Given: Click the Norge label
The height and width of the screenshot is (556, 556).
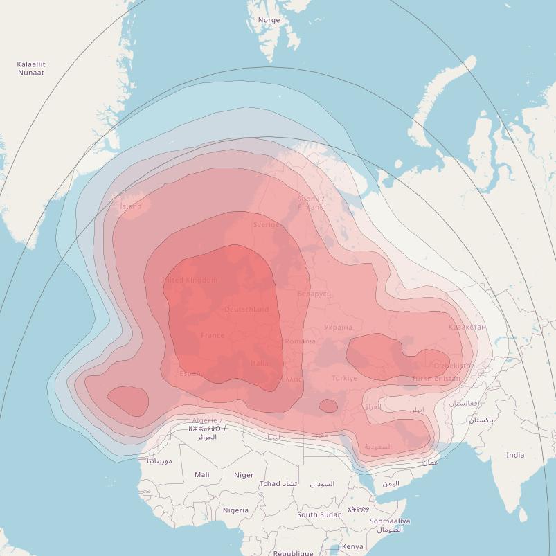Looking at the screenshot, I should click(x=269, y=20).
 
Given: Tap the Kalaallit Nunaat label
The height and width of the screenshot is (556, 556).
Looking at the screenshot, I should click(x=31, y=69).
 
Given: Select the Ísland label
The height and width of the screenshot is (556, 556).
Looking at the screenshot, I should click(x=130, y=206).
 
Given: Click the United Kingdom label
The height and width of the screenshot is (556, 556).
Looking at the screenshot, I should click(x=188, y=280).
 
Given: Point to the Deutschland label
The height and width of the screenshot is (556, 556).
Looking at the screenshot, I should click(x=246, y=310).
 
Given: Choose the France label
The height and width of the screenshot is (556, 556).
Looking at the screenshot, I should click(x=213, y=336).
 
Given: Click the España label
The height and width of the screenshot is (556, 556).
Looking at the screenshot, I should click(x=192, y=374).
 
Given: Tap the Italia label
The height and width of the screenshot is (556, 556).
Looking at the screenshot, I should click(x=260, y=363).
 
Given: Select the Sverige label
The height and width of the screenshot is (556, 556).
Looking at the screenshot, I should click(x=266, y=225).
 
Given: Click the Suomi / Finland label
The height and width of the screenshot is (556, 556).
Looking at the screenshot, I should click(x=311, y=203).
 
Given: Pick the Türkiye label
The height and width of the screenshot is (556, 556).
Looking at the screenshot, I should click(x=344, y=379).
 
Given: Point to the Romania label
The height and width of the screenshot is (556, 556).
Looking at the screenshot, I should click(x=300, y=341).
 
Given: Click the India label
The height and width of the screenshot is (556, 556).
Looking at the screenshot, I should click(x=514, y=455).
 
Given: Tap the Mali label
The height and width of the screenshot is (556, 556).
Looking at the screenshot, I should click(x=202, y=475).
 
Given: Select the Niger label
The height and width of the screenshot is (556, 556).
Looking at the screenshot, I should click(x=244, y=475).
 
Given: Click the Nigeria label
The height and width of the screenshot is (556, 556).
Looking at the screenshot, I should click(x=235, y=510).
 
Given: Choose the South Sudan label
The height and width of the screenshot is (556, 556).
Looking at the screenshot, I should click(x=319, y=514).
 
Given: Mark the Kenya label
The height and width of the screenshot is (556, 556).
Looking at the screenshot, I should click(x=352, y=546).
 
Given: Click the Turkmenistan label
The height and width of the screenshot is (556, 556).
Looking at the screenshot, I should click(x=436, y=379).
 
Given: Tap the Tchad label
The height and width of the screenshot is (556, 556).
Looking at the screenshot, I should click(x=270, y=484).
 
